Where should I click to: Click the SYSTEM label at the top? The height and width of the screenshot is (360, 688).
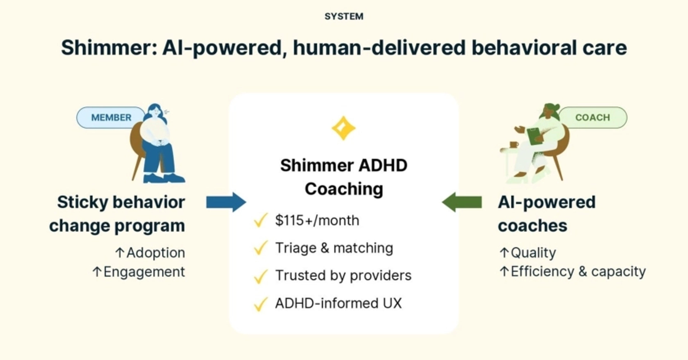tap(344, 16)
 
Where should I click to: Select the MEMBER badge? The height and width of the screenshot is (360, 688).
tap(111, 117)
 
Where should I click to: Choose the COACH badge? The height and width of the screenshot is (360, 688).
tap(593, 117)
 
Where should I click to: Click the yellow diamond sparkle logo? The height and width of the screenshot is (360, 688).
tap(343, 128)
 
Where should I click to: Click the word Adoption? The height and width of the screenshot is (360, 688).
tap(156, 253)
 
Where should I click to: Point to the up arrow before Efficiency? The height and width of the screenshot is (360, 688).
tap(504, 272)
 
